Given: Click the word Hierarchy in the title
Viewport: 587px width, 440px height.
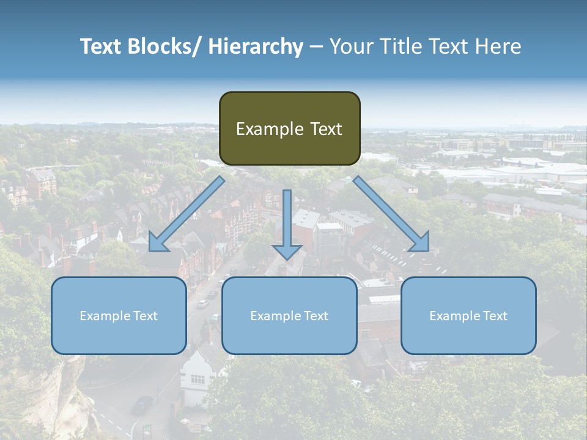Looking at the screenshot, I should tap(256, 46).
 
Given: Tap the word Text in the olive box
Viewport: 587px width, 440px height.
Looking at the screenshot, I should tap(325, 129).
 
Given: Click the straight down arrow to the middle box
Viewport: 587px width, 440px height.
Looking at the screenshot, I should tap(287, 226).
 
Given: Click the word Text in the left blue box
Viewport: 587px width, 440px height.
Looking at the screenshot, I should tap(146, 316).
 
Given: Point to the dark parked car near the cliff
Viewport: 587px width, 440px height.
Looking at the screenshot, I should tap(142, 405).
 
